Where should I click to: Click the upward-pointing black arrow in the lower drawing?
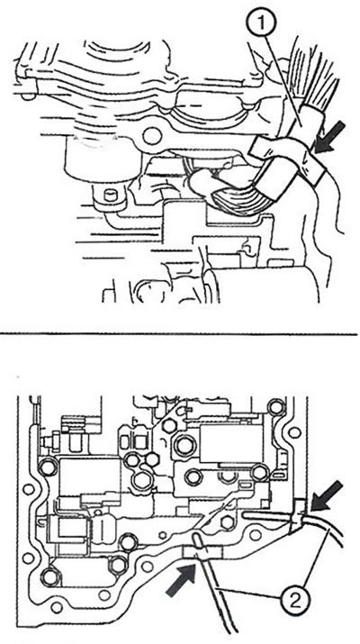tap(183, 578)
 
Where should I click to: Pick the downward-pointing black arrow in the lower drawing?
tap(326, 495)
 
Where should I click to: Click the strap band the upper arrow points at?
tap(288, 159)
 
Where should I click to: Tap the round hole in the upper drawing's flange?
tap(152, 136)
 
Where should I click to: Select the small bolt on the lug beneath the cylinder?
tap(110, 195)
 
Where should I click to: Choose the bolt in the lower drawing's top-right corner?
tap(275, 406)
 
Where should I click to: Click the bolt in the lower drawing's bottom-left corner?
tap(51, 576)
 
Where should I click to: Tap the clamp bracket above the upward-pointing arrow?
tap(201, 552)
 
